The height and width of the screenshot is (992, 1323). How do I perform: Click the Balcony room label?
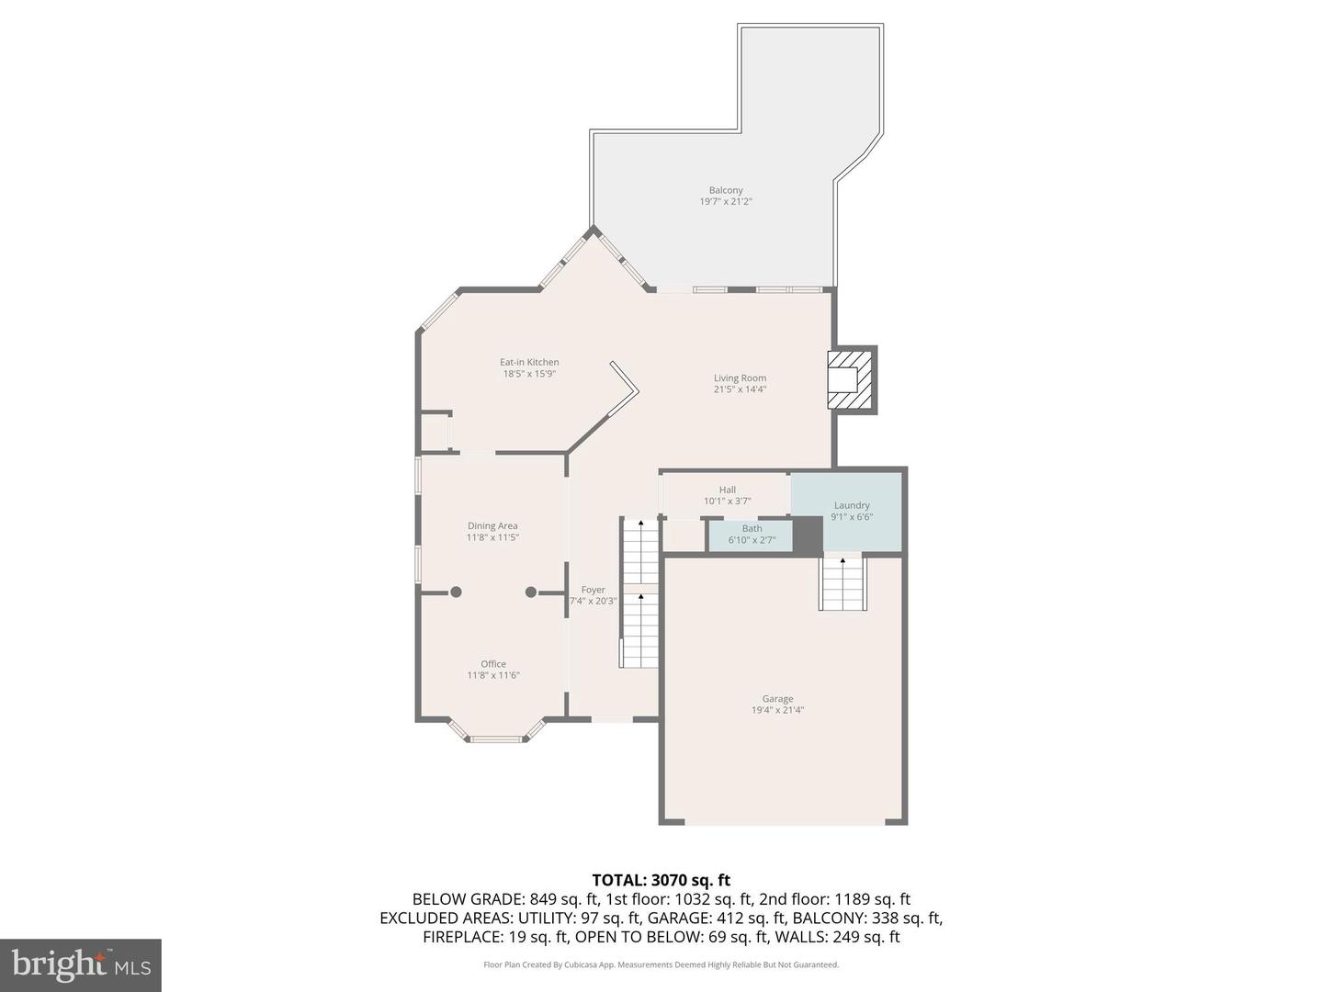click(x=725, y=190)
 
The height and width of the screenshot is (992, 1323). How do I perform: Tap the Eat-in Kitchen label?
click(x=529, y=362)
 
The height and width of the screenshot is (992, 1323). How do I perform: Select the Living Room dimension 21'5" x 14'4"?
click(x=740, y=389)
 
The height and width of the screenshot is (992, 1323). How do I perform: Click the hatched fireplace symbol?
click(x=851, y=379)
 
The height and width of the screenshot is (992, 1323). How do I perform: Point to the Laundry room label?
click(x=852, y=505)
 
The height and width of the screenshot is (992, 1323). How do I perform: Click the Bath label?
click(x=752, y=528)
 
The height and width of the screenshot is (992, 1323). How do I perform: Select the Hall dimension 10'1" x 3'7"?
click(x=727, y=502)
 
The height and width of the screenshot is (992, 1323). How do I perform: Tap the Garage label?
click(x=777, y=698)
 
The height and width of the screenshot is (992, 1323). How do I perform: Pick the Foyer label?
click(x=593, y=590)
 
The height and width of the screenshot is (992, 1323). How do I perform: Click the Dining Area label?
click(x=492, y=526)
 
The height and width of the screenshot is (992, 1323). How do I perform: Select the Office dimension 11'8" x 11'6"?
click(x=493, y=675)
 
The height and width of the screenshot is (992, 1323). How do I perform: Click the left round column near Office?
click(x=456, y=592)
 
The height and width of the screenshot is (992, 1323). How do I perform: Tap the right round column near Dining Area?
click(x=531, y=592)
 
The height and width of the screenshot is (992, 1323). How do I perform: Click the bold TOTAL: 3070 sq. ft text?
click(x=661, y=881)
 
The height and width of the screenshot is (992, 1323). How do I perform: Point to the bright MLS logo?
click(x=80, y=964)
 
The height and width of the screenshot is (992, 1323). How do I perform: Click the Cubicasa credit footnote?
click(x=661, y=964)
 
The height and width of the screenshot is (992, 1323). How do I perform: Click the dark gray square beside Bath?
click(x=808, y=535)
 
